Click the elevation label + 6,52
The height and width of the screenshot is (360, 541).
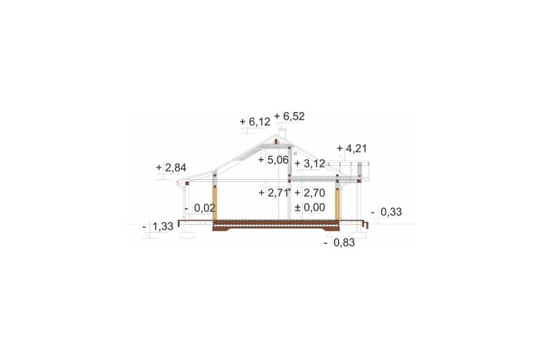(x=289, y=117)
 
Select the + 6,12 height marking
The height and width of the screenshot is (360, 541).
(x=255, y=122)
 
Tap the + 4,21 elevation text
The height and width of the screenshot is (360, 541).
(x=352, y=148)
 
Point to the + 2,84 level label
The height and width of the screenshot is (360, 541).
(x=171, y=168)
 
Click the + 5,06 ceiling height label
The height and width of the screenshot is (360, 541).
(x=273, y=160)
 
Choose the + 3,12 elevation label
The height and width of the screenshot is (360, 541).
(x=310, y=163)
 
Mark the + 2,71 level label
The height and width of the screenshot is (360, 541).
(x=274, y=193)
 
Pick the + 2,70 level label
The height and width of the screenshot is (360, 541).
(x=310, y=193)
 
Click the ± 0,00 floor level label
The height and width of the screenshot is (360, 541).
(x=310, y=208)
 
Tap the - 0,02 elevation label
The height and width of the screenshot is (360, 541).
(x=200, y=208)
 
